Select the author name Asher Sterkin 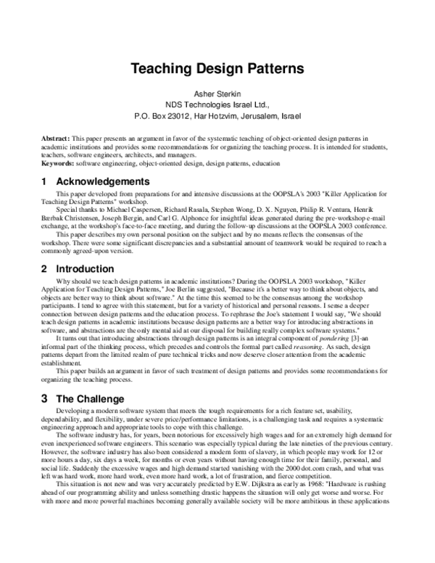point(217,94)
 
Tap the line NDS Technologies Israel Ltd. point(217,105)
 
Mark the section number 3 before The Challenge point(44,398)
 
